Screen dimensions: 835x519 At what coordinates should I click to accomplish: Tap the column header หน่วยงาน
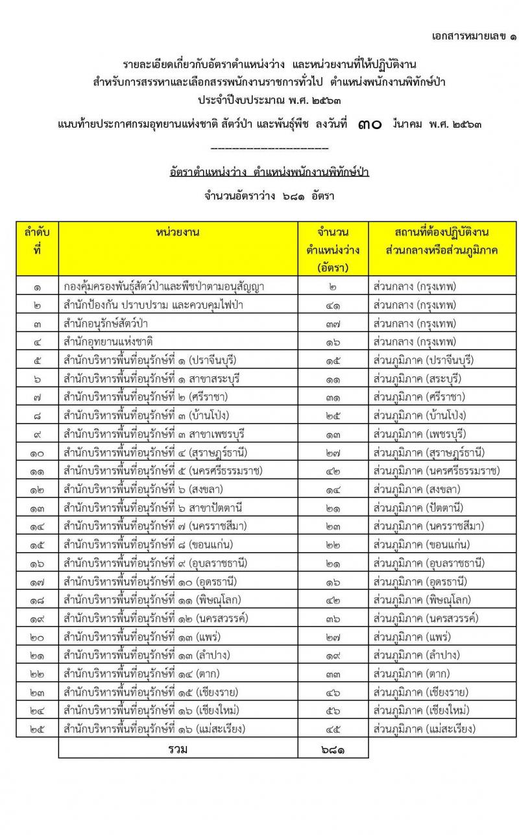tap(178, 232)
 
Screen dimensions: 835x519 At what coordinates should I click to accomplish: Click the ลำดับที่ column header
tap(37, 240)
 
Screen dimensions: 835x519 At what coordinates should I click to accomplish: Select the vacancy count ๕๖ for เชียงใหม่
tap(333, 710)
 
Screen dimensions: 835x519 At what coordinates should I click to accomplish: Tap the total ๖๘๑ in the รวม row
tap(333, 749)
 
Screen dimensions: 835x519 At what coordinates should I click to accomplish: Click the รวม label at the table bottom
tap(178, 749)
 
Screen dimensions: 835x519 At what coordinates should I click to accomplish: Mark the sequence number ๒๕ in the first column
tap(37, 729)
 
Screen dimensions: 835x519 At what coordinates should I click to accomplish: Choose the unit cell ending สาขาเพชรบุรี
tap(154, 433)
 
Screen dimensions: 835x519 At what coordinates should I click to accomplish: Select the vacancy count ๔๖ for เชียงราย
tap(333, 692)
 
